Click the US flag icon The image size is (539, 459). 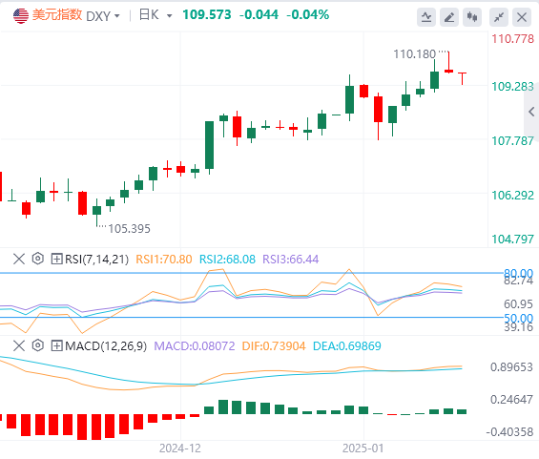(x=21, y=15)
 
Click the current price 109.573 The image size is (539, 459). (x=207, y=14)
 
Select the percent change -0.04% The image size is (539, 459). (x=307, y=14)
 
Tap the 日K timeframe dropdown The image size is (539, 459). (x=155, y=15)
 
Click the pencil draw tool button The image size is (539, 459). (x=449, y=17)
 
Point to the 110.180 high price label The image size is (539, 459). (x=414, y=54)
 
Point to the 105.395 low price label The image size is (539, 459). (x=129, y=229)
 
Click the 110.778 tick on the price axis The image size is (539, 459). (x=512, y=39)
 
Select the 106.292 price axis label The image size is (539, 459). (x=512, y=196)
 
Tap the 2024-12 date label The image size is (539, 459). (x=180, y=449)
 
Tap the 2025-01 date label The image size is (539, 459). (x=363, y=449)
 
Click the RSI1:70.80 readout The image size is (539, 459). (x=164, y=259)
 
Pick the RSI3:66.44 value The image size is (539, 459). (x=290, y=259)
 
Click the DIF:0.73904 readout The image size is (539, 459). (x=274, y=345)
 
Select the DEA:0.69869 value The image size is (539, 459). (x=347, y=345)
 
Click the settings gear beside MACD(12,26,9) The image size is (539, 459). (x=38, y=345)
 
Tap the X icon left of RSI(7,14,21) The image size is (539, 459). (x=19, y=259)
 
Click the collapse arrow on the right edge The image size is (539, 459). (x=531, y=112)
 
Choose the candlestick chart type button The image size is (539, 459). (x=472, y=17)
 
